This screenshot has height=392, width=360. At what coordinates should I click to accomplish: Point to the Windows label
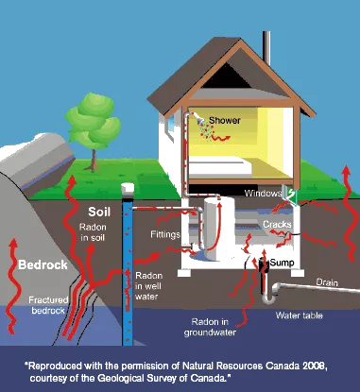click(266, 194)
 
